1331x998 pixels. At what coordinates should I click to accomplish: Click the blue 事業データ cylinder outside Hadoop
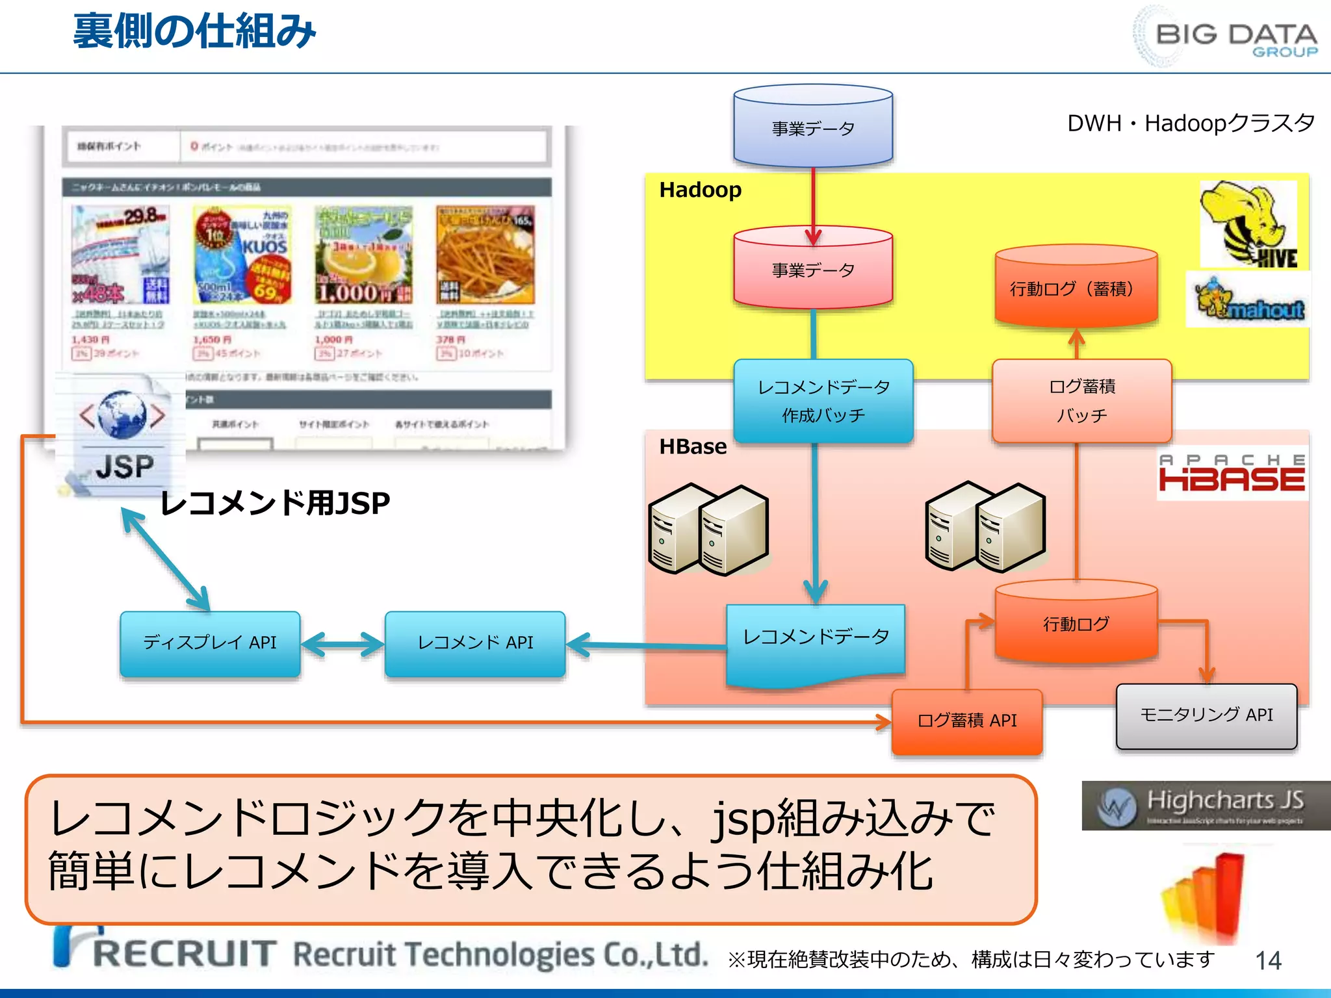[x=812, y=127]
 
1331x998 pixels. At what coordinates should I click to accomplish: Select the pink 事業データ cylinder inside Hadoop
[x=812, y=268]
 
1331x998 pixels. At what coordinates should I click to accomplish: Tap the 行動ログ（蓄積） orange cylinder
[x=1076, y=288]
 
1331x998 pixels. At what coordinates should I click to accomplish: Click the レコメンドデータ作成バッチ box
[x=823, y=400]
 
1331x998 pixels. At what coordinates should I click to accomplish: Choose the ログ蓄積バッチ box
[x=1081, y=400]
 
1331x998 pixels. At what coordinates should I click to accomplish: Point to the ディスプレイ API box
[x=210, y=643]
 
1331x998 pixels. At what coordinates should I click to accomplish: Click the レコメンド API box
[x=475, y=643]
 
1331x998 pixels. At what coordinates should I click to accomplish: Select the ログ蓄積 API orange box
[x=967, y=721]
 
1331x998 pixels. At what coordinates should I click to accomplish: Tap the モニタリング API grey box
[x=1206, y=715]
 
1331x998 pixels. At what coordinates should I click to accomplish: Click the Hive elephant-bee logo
[x=1248, y=224]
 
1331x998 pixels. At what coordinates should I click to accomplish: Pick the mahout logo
[x=1248, y=301]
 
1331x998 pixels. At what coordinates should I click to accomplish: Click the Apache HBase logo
[x=1232, y=474]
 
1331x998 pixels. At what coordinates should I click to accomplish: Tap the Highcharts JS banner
[x=1206, y=806]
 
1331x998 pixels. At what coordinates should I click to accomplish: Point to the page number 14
[x=1268, y=960]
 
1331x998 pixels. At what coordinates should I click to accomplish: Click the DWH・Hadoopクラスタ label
[x=1191, y=123]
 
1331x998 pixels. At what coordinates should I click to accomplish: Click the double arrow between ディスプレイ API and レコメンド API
[x=342, y=645]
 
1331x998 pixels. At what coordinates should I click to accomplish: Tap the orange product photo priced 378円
[x=485, y=255]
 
